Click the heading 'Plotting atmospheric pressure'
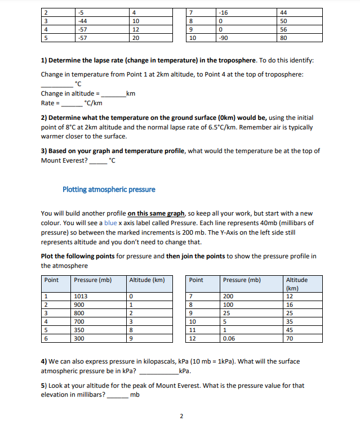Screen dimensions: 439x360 pyautogui.click(x=109, y=189)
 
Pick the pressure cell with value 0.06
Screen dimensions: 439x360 pyautogui.click(x=229, y=339)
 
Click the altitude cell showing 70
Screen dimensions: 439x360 pyautogui.click(x=290, y=339)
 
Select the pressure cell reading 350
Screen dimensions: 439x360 pyautogui.click(x=79, y=330)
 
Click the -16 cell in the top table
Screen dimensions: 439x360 pyautogui.click(x=226, y=12)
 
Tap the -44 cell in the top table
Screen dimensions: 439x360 pyautogui.click(x=85, y=21)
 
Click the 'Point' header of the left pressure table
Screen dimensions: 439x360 pyautogui.click(x=52, y=280)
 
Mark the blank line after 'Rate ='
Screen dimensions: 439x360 pyautogui.click(x=71, y=104)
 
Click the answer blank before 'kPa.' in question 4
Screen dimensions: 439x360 pyautogui.click(x=158, y=371)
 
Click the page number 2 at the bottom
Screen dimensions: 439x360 pyautogui.click(x=181, y=416)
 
